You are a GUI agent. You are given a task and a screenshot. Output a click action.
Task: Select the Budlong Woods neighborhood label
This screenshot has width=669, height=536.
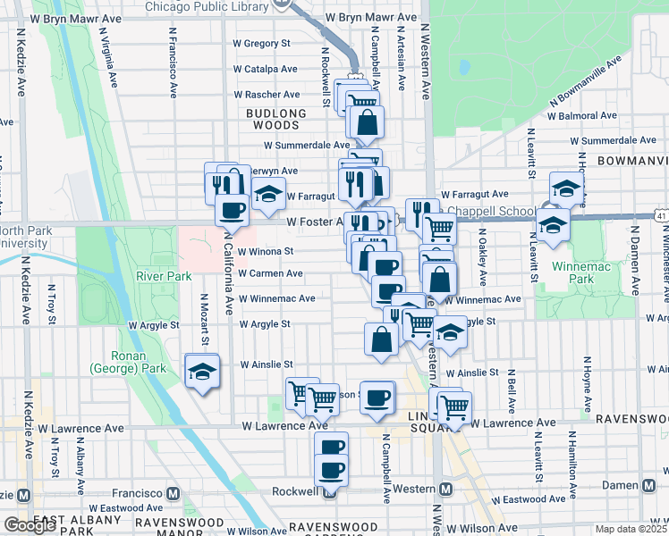point(275,120)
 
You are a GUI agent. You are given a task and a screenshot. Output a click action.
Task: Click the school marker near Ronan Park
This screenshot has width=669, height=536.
point(202,372)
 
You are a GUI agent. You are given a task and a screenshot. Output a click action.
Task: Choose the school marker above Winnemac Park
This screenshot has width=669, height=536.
point(565,188)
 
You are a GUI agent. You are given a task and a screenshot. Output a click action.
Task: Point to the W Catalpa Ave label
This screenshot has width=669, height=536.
point(265,69)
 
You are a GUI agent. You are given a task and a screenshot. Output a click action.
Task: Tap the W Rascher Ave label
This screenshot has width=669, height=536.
point(267,94)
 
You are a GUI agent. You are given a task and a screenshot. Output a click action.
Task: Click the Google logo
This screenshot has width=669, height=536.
point(30,525)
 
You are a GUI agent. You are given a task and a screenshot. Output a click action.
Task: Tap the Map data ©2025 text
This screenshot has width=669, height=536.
point(631,529)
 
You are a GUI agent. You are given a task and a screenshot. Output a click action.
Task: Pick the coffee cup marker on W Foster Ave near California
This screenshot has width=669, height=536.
point(232,210)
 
